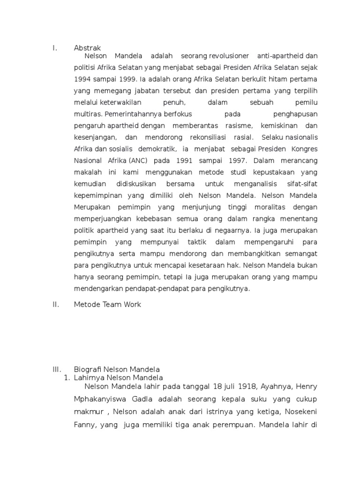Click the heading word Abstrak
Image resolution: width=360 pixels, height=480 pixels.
click(87, 48)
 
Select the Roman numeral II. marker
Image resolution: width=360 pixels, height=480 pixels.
click(56, 305)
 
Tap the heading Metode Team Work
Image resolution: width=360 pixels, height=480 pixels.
click(107, 305)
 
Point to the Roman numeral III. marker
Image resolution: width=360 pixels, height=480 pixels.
click(57, 369)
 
